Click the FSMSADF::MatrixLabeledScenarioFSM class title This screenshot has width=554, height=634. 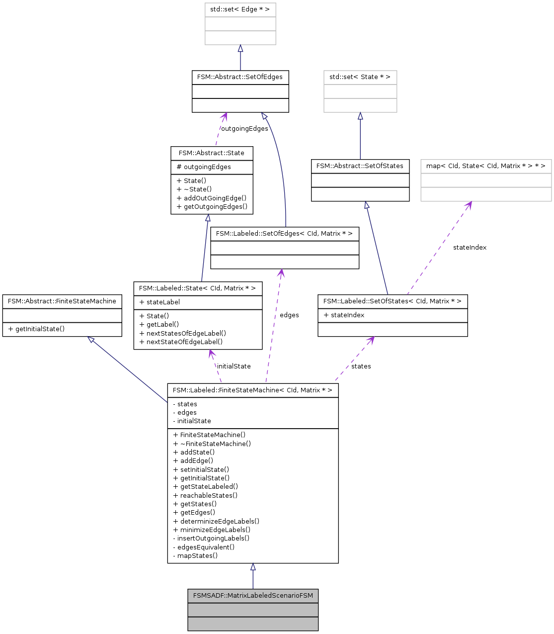(x=253, y=595)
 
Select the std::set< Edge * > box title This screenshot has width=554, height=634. (x=240, y=9)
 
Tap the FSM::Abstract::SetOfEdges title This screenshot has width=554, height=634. (x=240, y=77)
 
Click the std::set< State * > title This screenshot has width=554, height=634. (x=360, y=77)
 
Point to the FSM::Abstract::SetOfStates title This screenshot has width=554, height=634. (x=360, y=166)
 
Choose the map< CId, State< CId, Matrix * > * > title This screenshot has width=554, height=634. (x=486, y=166)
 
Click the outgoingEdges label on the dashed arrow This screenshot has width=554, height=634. (x=244, y=129)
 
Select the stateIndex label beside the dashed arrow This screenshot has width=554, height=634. (x=470, y=248)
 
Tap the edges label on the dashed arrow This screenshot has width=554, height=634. (x=289, y=315)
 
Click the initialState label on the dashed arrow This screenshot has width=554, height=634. (x=234, y=366)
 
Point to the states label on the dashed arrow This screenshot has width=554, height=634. (x=361, y=366)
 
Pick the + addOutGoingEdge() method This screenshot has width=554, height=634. (x=212, y=198)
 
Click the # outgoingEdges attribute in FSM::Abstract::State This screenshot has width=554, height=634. (x=204, y=167)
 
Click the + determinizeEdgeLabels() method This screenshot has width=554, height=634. (x=216, y=521)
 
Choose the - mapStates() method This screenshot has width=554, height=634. (x=195, y=555)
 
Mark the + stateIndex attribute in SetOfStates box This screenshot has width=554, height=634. (x=344, y=315)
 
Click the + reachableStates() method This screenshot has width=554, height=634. (x=205, y=495)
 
